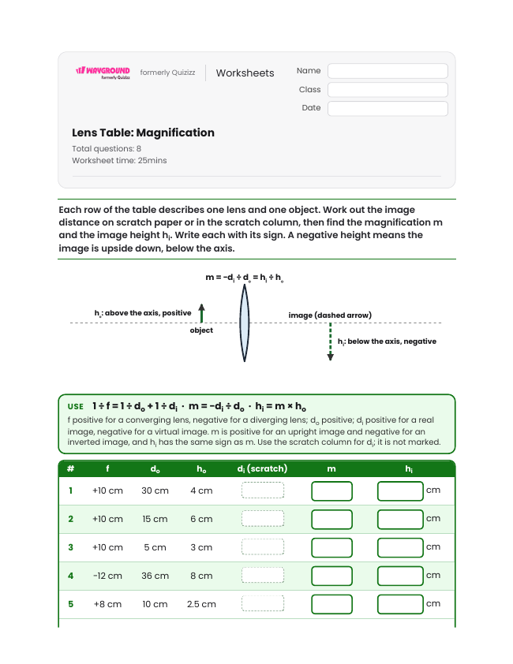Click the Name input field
[x=388, y=71]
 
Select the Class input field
[x=388, y=90]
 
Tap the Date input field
[x=388, y=108]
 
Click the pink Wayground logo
[x=103, y=73]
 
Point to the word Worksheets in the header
[x=245, y=73]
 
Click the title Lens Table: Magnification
[x=143, y=132]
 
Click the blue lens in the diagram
[x=244, y=323]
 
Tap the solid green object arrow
[x=202, y=313]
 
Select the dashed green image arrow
[x=330, y=341]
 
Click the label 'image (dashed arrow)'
[x=330, y=315]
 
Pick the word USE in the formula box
[x=76, y=407]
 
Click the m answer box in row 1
[x=331, y=491]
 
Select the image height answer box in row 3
[x=400, y=548]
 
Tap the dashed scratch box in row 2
[x=263, y=518]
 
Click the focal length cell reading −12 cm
[x=107, y=576]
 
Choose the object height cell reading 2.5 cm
[x=201, y=604]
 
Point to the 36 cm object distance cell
[x=155, y=576]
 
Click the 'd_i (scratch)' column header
[x=263, y=468]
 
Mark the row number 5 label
[x=71, y=604]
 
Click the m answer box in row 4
[x=331, y=576]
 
